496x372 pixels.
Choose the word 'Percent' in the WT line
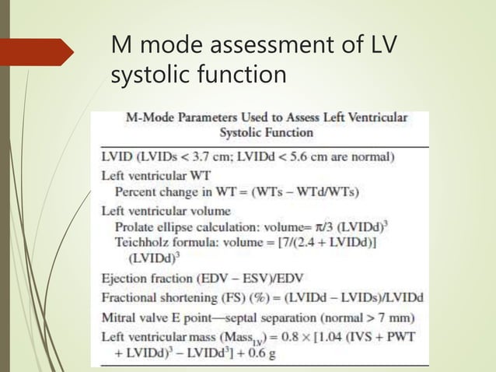137,191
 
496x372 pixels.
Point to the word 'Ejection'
126,278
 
